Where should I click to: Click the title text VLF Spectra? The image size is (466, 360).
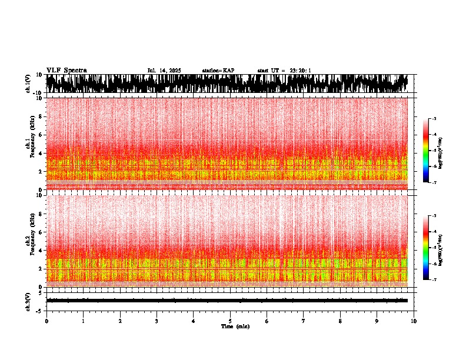click(x=66, y=70)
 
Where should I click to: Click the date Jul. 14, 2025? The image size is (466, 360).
click(x=164, y=71)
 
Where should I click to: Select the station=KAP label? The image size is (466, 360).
click(x=218, y=71)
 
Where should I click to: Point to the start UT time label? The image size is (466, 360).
click(x=284, y=71)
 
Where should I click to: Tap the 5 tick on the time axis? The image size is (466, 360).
click(x=230, y=321)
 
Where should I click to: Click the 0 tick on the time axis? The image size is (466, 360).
click(x=46, y=321)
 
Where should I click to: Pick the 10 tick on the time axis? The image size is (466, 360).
click(x=414, y=321)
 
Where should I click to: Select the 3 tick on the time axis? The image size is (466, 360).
click(x=157, y=321)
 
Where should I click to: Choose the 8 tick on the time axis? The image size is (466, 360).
click(x=341, y=321)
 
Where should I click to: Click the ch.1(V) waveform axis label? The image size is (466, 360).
click(x=28, y=84)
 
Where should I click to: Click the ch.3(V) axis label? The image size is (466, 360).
click(x=28, y=301)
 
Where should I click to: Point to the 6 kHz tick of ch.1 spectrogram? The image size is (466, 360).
click(x=41, y=135)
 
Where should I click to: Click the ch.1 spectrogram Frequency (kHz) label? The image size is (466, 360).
click(x=31, y=144)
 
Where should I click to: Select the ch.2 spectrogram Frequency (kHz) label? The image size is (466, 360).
click(x=31, y=241)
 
